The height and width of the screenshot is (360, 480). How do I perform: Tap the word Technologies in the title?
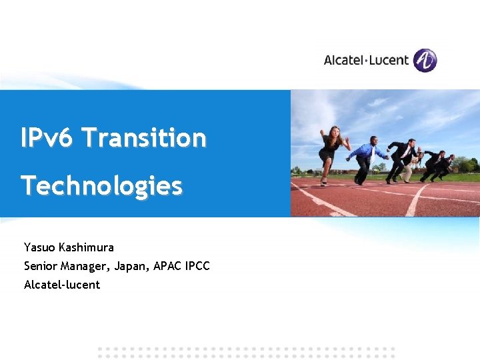101,186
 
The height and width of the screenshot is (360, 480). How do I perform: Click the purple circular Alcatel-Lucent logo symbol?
425,60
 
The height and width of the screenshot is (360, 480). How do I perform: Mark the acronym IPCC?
198,266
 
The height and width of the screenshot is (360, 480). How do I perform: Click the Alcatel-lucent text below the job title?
62,285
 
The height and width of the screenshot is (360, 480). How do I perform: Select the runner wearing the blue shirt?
365,157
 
